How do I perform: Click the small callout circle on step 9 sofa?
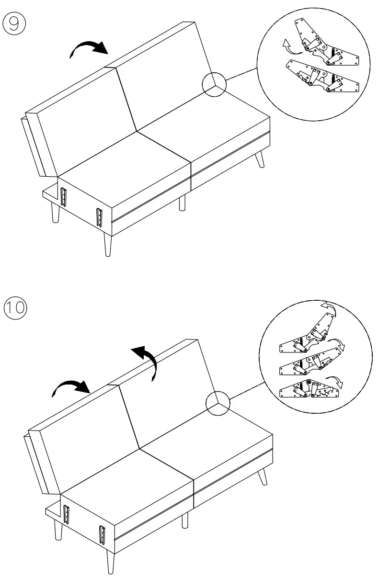213,85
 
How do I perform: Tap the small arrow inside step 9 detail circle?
288,46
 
